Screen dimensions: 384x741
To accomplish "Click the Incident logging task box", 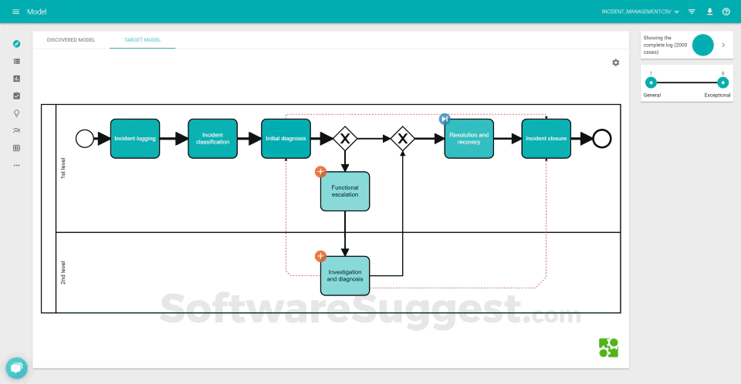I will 135,139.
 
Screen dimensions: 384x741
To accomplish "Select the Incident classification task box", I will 212,139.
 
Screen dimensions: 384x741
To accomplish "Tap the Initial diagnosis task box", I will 286,139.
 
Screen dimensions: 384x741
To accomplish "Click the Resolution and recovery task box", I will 469,139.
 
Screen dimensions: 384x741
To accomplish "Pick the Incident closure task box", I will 546,139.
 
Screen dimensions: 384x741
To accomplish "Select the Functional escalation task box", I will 345,191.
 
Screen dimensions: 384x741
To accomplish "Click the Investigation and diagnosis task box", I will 345,275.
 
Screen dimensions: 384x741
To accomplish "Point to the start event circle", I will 84,139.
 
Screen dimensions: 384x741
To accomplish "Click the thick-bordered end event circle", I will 602,139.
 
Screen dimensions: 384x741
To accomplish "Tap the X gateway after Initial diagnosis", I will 345,139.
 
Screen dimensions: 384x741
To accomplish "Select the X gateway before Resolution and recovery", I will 402,139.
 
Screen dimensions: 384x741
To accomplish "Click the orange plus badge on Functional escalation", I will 320,172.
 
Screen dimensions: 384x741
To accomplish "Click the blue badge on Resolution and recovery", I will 445,119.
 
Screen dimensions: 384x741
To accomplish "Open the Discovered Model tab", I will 71,39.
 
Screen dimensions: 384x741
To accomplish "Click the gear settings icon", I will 616,62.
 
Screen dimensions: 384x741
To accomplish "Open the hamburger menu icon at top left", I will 16,12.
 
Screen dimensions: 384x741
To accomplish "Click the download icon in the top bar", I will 709,12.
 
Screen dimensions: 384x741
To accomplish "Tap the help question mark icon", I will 726,12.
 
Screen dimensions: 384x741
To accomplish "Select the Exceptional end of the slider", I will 722,83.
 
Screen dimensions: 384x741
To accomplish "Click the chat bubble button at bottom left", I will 16,368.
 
